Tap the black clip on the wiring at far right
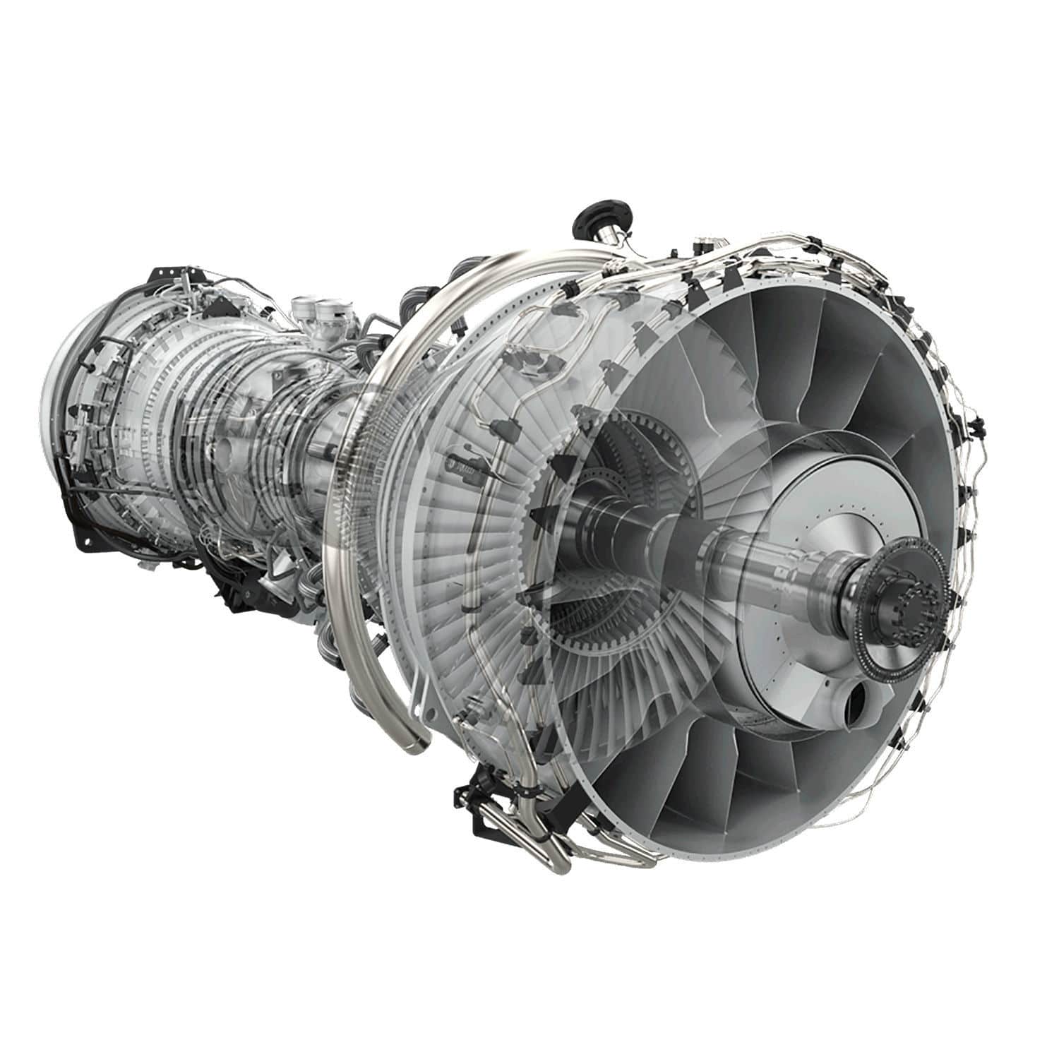tap(977, 424)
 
